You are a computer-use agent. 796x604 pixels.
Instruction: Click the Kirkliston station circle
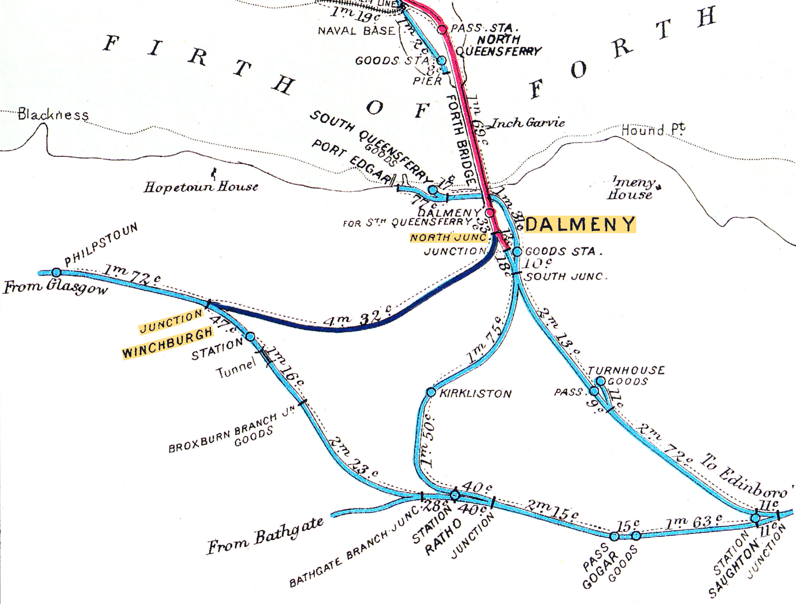431,392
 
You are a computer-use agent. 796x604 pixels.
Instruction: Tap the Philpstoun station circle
56,272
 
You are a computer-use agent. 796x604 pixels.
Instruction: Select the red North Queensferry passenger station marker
443,29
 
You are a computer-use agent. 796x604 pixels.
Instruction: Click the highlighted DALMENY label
580,225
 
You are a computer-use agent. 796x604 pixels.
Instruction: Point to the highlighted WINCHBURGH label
168,343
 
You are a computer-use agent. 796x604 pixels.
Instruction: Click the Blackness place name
53,115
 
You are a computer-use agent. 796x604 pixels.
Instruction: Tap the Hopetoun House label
201,187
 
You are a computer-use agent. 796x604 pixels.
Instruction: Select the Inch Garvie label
528,123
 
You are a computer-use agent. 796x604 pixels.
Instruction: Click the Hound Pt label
653,130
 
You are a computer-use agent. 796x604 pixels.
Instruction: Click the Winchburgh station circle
250,337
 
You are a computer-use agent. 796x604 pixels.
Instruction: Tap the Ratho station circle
455,495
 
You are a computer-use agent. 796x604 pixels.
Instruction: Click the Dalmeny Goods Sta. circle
517,251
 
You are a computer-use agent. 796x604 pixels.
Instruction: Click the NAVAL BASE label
357,31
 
